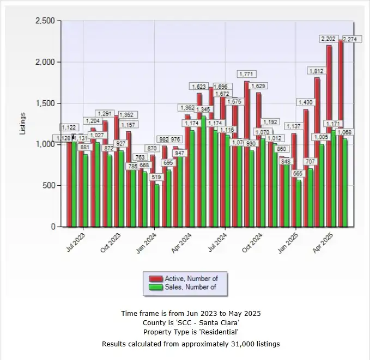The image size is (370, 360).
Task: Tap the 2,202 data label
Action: tap(329, 39)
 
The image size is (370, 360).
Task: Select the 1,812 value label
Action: tap(317, 71)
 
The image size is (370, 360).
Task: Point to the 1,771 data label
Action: tap(247, 74)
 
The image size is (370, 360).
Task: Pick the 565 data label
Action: tap(298, 173)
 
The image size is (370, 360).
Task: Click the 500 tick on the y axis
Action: tap(50, 186)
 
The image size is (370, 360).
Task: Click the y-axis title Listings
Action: tap(23, 124)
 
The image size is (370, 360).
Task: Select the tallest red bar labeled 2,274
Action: tap(341, 133)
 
